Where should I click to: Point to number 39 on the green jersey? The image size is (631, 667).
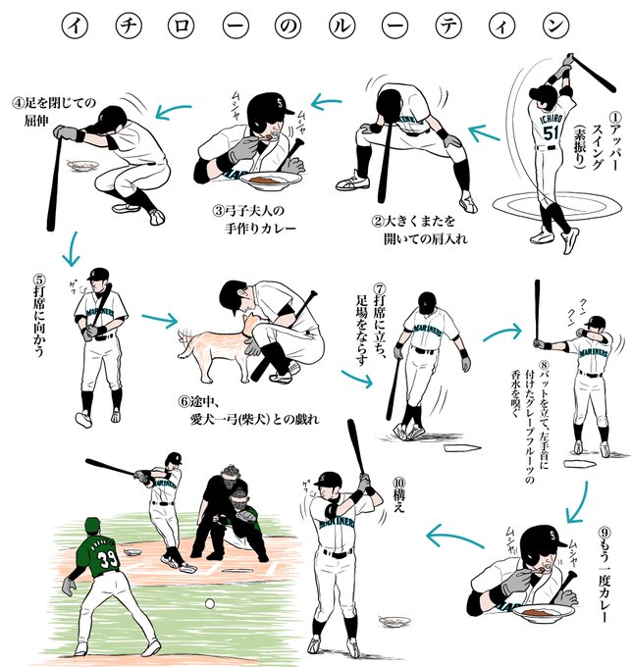coord(107,559)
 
